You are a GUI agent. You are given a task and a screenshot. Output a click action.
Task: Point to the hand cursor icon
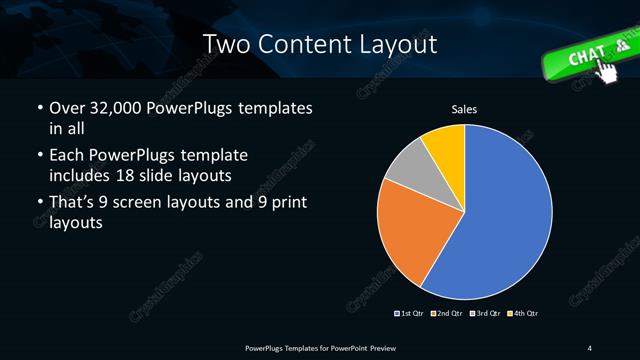tap(607, 68)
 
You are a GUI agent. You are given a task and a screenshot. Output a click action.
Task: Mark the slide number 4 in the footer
tap(590, 347)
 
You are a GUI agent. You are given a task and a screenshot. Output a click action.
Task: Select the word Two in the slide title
tap(228, 45)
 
